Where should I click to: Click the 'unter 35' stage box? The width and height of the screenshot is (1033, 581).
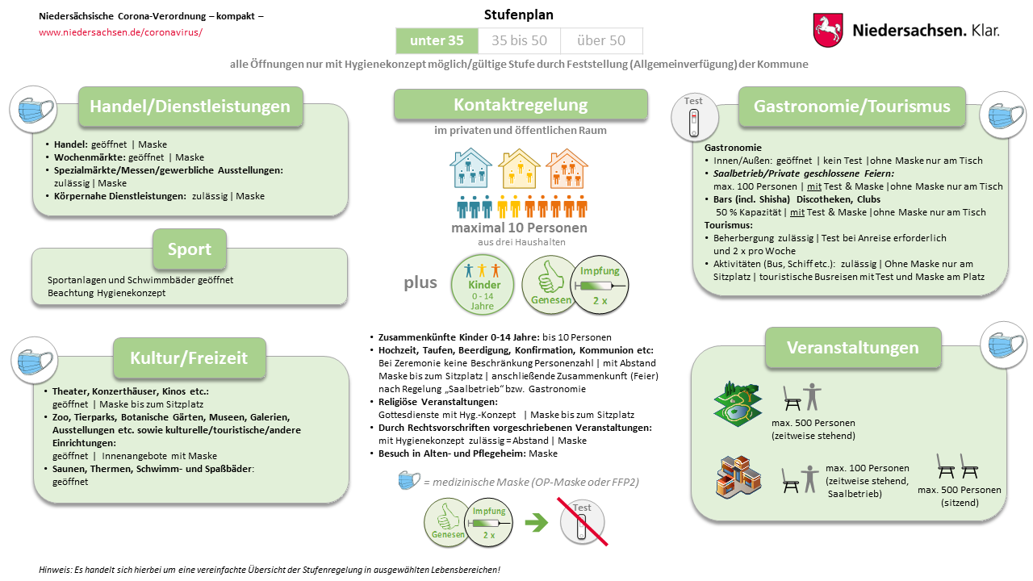click(x=437, y=40)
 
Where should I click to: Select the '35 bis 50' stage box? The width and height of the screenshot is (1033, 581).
click(x=519, y=40)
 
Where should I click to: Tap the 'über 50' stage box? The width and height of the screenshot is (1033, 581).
click(x=601, y=40)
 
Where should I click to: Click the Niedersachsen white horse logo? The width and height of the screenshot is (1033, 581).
click(x=828, y=30)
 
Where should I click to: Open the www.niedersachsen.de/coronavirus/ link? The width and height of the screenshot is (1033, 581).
click(x=120, y=32)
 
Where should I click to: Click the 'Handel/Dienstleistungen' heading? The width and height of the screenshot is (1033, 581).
click(x=190, y=107)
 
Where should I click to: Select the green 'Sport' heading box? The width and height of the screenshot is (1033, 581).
click(x=190, y=249)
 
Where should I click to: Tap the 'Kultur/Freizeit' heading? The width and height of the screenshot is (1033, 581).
click(x=189, y=357)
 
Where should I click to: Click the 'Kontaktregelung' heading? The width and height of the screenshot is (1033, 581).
click(x=521, y=104)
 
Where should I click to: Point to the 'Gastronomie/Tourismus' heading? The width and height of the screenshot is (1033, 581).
click(x=851, y=107)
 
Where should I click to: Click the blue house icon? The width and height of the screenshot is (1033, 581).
click(x=470, y=169)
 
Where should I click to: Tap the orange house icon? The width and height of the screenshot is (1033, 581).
click(x=567, y=169)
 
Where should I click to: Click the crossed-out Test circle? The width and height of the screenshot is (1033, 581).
click(x=583, y=520)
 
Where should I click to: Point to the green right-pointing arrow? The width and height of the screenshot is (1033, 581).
click(x=536, y=523)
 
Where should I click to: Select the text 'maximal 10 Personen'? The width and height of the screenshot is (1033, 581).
click(x=519, y=228)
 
